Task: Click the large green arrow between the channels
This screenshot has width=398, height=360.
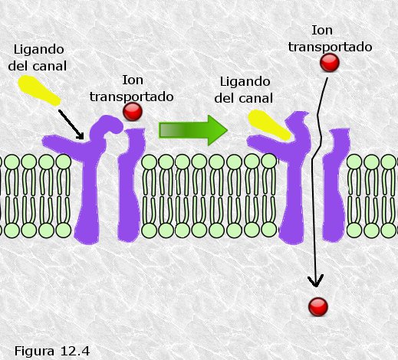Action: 193,130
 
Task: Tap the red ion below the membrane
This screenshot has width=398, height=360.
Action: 318,307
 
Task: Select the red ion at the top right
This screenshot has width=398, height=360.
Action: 330,62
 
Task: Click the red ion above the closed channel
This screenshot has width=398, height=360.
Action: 133,112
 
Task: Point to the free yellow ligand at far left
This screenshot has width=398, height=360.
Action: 39,90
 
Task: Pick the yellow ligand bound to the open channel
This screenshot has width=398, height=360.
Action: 269,125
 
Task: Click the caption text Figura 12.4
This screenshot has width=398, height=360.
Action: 52,351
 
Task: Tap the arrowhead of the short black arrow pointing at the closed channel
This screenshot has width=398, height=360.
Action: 81,136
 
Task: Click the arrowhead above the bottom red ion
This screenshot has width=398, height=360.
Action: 316,281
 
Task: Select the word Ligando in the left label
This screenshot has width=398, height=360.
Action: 38,50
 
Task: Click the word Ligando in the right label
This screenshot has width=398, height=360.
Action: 245,82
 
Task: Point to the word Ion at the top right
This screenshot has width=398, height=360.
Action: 322,31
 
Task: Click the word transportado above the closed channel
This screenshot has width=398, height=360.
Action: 132,97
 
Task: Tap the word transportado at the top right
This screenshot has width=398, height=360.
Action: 330,47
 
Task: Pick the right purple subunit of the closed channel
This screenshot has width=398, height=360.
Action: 130,186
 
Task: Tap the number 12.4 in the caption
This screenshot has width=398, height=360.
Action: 75,351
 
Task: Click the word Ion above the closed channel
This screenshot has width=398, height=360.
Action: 133,80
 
